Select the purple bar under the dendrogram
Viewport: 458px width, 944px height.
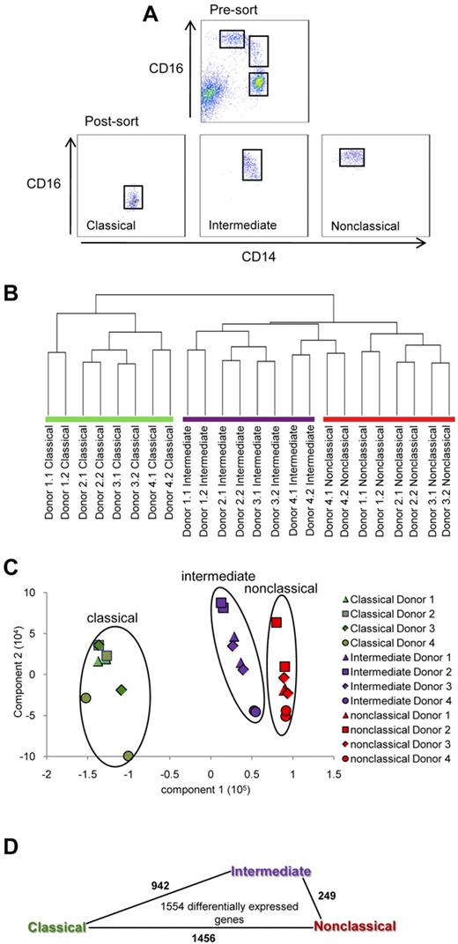point(247,418)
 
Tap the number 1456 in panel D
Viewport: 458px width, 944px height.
point(188,937)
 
